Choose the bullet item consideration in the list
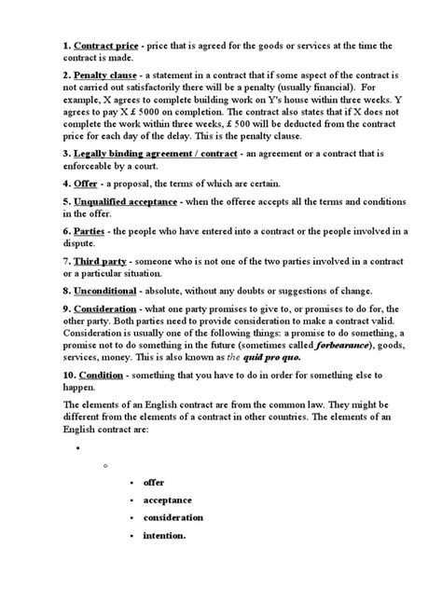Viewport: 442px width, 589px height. coord(173,517)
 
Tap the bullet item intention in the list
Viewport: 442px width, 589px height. coord(165,535)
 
